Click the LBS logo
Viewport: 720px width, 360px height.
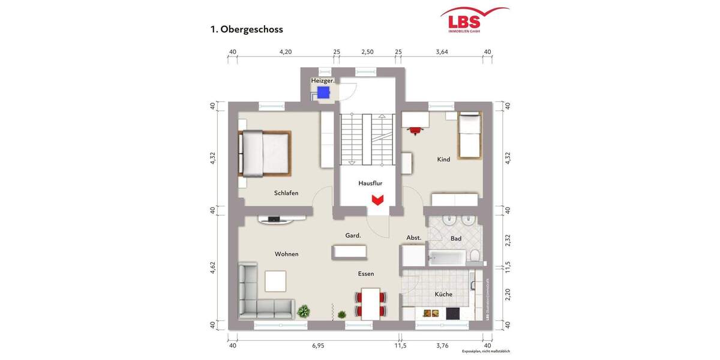pos(473,19)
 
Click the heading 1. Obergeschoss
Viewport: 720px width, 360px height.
pos(246,29)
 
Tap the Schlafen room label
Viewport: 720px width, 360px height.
pos(286,193)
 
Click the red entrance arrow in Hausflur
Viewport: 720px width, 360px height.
pos(377,199)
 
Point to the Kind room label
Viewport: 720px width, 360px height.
pos(443,160)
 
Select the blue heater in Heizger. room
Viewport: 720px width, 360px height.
pos(324,92)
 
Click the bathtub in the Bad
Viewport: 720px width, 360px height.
pos(447,258)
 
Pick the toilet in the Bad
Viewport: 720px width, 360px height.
pos(475,256)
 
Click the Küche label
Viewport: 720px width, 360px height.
pos(443,294)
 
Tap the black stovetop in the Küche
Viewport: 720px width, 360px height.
pos(452,313)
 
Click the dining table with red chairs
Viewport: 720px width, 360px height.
pos(371,303)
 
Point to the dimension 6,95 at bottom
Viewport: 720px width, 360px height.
pos(319,346)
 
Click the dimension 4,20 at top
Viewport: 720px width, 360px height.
pos(286,52)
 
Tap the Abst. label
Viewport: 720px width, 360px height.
pos(414,238)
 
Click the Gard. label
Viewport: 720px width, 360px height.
pos(353,235)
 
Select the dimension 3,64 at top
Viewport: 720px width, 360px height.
pos(442,52)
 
